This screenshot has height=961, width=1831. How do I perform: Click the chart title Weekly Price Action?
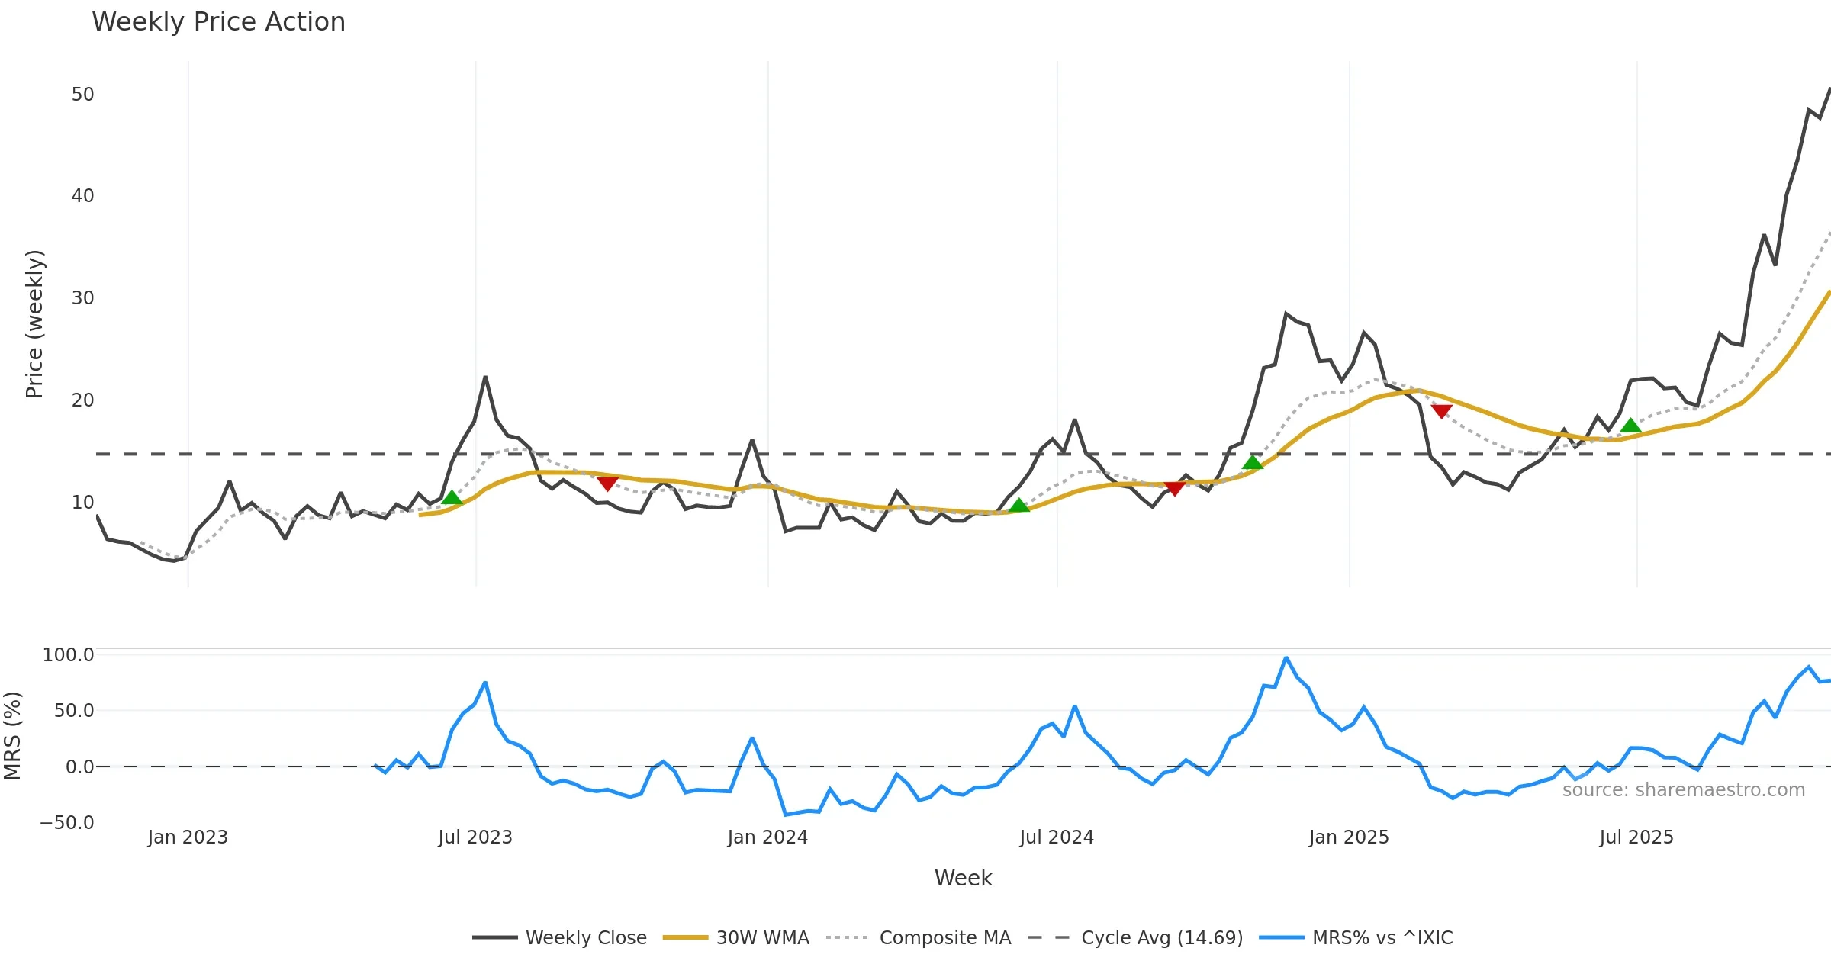[218, 22]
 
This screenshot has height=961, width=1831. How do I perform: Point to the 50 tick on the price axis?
[82, 95]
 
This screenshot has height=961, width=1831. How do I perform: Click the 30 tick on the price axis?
[82, 298]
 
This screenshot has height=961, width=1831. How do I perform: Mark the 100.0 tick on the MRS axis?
[68, 655]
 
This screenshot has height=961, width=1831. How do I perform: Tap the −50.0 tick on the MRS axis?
[66, 823]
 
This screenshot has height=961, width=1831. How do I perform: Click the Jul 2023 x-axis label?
[475, 837]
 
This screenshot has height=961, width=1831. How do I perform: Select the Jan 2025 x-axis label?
[1349, 837]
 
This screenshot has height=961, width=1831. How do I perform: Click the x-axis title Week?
[963, 879]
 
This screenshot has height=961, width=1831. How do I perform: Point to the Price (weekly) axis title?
[34, 324]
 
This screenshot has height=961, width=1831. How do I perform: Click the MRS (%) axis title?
[12, 736]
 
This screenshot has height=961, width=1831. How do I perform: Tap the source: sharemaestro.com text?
[1683, 790]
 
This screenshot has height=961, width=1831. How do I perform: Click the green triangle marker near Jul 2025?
[1630, 426]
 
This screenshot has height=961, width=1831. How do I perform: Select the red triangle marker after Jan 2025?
[1441, 412]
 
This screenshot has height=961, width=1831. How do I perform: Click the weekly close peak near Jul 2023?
[485, 377]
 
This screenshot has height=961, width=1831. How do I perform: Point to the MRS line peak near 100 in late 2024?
[1286, 657]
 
